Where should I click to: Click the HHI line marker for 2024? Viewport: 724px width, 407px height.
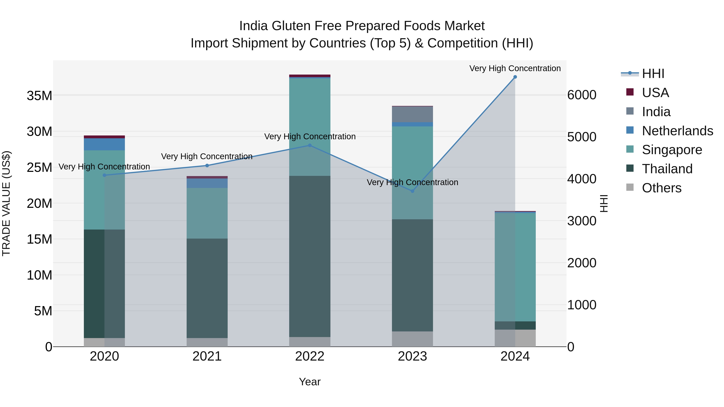point(515,77)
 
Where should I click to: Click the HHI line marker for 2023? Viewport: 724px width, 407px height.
point(412,191)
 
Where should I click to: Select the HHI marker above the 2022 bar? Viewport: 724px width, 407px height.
point(310,146)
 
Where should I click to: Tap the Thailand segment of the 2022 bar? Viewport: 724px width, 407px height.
point(310,256)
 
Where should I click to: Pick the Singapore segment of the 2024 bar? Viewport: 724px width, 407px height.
point(515,267)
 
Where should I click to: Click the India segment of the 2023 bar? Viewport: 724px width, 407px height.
point(412,114)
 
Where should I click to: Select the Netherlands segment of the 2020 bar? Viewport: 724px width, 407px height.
point(104,144)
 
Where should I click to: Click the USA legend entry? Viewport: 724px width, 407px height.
point(655,93)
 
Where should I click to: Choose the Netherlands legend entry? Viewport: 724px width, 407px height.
point(677,131)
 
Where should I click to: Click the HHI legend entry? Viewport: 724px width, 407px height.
point(653,74)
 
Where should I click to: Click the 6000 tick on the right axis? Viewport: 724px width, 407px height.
point(581,95)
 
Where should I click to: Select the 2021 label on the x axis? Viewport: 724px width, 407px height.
point(207,356)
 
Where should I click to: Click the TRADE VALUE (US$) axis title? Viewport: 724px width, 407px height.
point(6,203)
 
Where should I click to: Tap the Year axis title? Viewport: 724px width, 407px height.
point(310,382)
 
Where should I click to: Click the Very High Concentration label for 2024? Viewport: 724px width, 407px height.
point(515,68)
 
